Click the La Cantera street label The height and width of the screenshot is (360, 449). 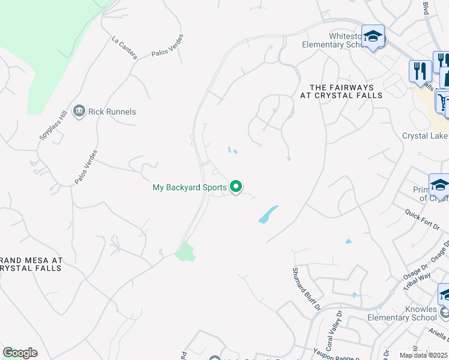[124, 48]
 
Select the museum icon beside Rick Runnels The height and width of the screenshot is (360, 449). [79, 111]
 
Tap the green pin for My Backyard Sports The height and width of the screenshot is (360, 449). [236, 187]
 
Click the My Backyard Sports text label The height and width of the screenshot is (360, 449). [189, 188]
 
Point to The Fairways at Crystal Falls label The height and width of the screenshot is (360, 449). [342, 91]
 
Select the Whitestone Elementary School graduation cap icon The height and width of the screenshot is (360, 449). [373, 37]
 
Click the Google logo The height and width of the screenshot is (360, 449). [20, 352]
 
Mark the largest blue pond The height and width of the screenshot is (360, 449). [268, 214]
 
